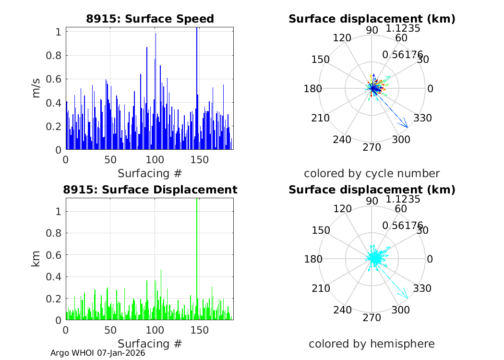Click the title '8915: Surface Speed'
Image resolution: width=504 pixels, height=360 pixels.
tap(150, 19)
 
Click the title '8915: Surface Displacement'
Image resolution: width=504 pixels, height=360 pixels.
tap(150, 190)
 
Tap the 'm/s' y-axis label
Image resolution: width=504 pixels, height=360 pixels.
tap(37, 89)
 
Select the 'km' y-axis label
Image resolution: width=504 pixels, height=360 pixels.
tap(37, 259)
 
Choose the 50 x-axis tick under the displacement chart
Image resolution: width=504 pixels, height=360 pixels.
tap(110, 330)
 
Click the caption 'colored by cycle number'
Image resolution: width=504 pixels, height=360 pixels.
tap(372, 173)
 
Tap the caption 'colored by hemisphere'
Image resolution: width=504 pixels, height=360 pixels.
tap(372, 344)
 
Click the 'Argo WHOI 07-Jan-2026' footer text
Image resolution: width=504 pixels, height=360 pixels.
tap(98, 353)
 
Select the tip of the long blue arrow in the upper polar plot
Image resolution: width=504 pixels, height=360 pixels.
tap(408, 127)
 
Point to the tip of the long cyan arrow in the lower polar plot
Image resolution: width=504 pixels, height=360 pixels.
tap(407, 298)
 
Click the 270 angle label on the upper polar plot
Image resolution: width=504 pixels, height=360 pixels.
tap(372, 147)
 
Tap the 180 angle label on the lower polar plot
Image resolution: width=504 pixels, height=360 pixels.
tap(313, 259)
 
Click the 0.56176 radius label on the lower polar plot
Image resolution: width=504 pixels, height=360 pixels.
tap(402, 226)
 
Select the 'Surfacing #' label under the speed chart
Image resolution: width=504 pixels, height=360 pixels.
tap(150, 173)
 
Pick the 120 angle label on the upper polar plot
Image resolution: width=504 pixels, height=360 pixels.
tap(344, 38)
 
